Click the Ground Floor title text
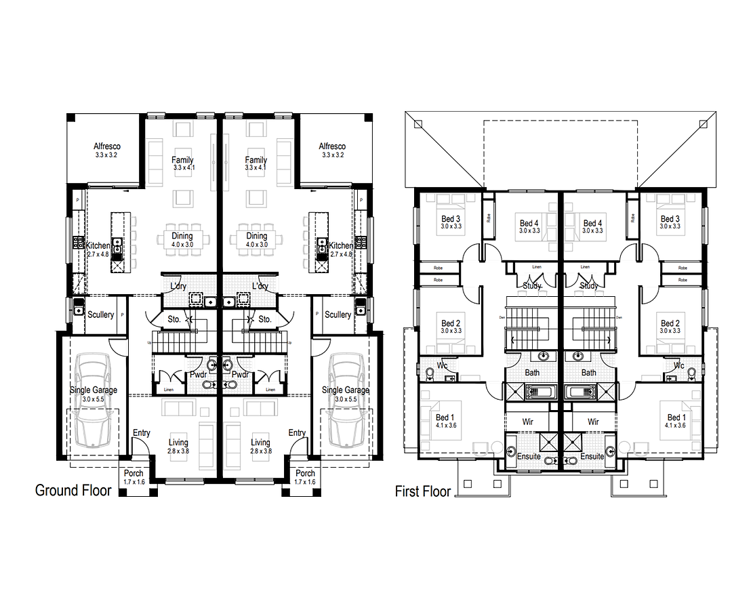point(73,490)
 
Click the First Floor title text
point(422,491)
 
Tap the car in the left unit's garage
point(93,399)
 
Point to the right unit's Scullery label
point(338,314)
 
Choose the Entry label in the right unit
point(297,433)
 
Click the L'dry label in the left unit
point(178,286)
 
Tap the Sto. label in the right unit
point(265,319)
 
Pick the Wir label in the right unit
point(593,422)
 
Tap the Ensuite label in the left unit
point(529,457)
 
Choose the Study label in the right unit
point(589,286)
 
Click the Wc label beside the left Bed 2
point(442,366)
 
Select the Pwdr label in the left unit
point(199,374)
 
